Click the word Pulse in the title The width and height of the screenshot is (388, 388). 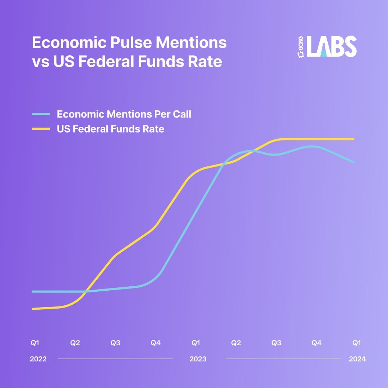point(131,42)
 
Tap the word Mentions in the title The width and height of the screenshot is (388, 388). point(191,42)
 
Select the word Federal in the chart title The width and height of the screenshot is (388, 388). point(106,61)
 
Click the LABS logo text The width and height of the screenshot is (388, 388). point(332,46)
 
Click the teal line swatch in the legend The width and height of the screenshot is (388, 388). point(41,114)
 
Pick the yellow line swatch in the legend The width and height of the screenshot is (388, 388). point(41,129)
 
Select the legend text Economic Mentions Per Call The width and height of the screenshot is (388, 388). point(124,114)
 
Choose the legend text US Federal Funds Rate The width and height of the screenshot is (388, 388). point(111,129)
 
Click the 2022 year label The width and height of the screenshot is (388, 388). point(38,359)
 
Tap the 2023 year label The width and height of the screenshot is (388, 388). point(198,359)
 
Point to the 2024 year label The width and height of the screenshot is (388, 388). point(357,359)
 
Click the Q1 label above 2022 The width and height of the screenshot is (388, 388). point(35,343)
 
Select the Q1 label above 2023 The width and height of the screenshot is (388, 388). point(196,343)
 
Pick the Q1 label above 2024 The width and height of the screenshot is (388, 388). point(357,343)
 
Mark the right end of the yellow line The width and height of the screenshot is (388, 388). point(354,139)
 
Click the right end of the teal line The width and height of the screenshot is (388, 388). point(354,163)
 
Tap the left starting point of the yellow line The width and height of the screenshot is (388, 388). point(33,309)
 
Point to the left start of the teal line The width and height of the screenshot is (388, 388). point(32,292)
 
